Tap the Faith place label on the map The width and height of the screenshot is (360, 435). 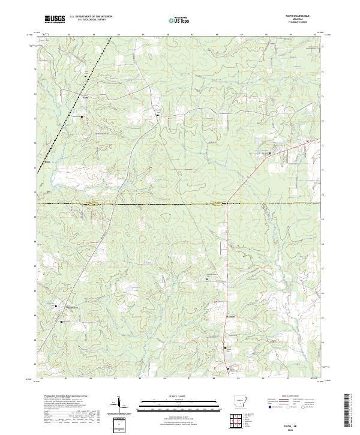click(x=85, y=95)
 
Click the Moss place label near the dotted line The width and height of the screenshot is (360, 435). click(x=47, y=161)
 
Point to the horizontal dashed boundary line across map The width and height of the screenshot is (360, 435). click(x=180, y=203)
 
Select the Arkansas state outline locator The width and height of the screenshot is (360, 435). click(x=241, y=401)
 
